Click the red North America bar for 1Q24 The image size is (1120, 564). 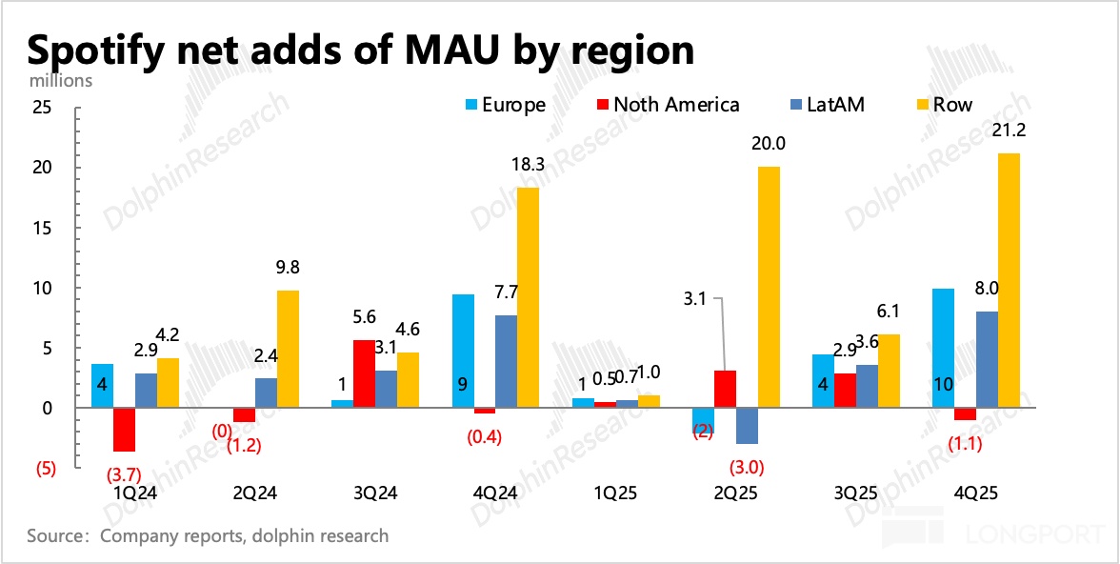click(x=124, y=430)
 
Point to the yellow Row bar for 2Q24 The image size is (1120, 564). click(x=288, y=349)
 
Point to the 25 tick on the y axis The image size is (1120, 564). click(x=42, y=108)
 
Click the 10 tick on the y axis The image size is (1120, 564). click(x=42, y=288)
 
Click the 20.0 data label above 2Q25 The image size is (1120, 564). click(x=769, y=145)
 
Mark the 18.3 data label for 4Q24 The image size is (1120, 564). click(x=527, y=165)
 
